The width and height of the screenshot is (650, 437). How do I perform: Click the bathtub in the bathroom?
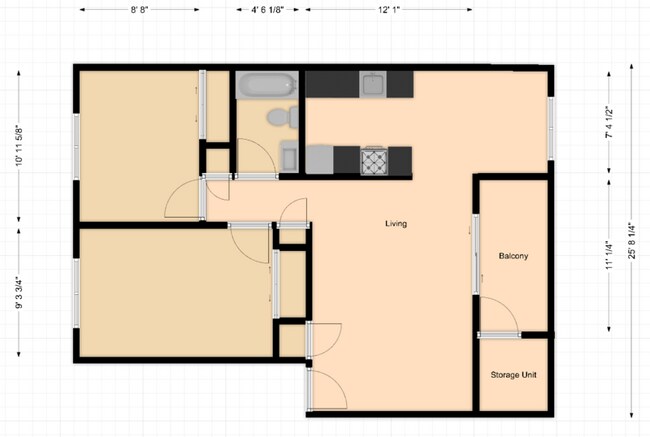(x=267, y=85)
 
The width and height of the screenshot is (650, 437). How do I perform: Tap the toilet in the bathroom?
(x=283, y=117)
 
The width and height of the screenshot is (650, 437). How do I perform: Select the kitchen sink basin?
(x=373, y=85)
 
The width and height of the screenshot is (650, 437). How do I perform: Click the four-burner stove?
(x=374, y=161)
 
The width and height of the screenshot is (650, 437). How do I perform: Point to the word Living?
(x=396, y=223)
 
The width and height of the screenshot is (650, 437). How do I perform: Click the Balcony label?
(x=513, y=256)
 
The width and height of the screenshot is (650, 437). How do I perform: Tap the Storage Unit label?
(x=513, y=375)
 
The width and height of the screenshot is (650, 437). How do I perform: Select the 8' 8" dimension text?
(x=139, y=10)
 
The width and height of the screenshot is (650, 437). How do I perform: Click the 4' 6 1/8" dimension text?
(x=267, y=10)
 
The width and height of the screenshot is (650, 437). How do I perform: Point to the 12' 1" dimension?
(x=388, y=10)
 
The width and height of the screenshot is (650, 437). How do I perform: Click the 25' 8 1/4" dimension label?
(x=632, y=241)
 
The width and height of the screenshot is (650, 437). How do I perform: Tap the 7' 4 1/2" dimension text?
(x=609, y=123)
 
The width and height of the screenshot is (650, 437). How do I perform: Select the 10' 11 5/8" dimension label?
(x=19, y=146)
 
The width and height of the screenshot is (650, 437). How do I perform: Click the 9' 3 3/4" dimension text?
(x=19, y=293)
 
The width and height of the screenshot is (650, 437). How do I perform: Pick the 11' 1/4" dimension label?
(x=609, y=254)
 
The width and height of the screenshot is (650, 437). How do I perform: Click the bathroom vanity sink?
(x=289, y=156)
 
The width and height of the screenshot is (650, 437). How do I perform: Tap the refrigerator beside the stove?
(x=320, y=160)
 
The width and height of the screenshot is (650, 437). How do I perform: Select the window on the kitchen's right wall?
(x=551, y=128)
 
